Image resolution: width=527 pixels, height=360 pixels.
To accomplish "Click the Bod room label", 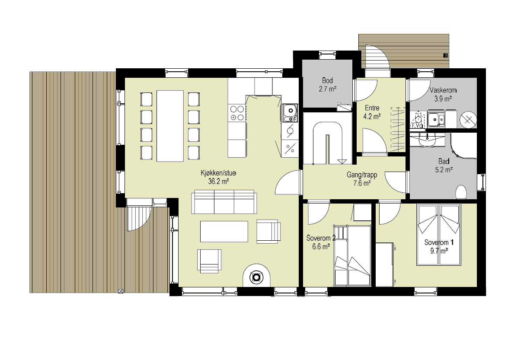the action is click(327, 81).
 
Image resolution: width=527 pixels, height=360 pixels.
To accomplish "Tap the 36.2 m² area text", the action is click(219, 182).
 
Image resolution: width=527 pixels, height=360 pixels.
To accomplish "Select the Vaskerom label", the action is click(443, 90).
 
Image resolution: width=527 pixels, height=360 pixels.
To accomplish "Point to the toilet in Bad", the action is click(461, 192).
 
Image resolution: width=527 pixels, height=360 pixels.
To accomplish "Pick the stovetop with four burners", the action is click(237, 113).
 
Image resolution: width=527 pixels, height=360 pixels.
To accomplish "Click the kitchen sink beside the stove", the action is click(289, 113).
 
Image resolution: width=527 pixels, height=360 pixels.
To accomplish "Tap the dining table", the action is click(170, 126).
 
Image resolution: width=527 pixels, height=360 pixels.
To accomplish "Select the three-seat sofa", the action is click(224, 202).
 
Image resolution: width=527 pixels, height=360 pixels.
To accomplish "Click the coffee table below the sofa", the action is click(224, 231).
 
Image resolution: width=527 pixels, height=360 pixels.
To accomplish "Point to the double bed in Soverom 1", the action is click(438, 235).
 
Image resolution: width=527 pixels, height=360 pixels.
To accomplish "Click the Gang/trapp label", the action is click(362, 175).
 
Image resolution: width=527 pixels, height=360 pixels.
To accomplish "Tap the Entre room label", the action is click(372, 108).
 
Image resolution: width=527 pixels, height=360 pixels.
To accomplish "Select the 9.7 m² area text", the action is click(439, 251).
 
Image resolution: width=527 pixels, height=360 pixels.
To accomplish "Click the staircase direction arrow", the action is click(342, 162).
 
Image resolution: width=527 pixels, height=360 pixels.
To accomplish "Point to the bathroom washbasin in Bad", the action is click(427, 140).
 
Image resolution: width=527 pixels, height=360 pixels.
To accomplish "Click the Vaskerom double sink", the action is click(436, 120).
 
